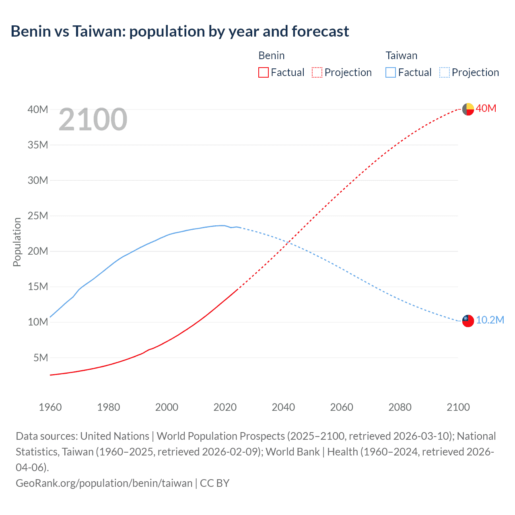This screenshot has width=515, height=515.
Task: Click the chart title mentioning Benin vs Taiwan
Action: tap(180, 31)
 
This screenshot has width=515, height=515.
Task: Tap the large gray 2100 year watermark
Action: tap(93, 119)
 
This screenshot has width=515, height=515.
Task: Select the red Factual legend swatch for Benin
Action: tap(263, 72)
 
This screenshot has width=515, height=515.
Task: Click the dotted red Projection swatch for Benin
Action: tap(317, 72)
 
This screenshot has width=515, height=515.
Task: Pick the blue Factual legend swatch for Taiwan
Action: tap(390, 72)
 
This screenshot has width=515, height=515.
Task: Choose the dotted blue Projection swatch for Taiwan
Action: tap(444, 72)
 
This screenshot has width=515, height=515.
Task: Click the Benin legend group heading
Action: tap(272, 56)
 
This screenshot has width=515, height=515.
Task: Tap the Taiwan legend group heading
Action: tap(402, 56)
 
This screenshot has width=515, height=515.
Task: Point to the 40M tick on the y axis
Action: tap(38, 109)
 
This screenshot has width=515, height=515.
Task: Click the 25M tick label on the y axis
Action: tap(38, 216)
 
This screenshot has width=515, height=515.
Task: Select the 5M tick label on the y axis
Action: tap(40, 358)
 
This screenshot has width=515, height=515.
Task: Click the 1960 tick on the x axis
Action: tap(50, 407)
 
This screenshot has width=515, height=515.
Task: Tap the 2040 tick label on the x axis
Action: tap(283, 407)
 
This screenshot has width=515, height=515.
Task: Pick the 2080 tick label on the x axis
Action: tap(400, 407)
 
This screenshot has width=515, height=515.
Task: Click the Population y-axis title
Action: tap(17, 242)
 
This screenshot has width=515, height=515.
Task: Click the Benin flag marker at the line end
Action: tap(468, 109)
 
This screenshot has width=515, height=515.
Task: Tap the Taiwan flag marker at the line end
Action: tap(468, 321)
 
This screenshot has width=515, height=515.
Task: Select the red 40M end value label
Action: tap(486, 109)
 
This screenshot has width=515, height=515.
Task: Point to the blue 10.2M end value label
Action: tap(490, 320)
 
